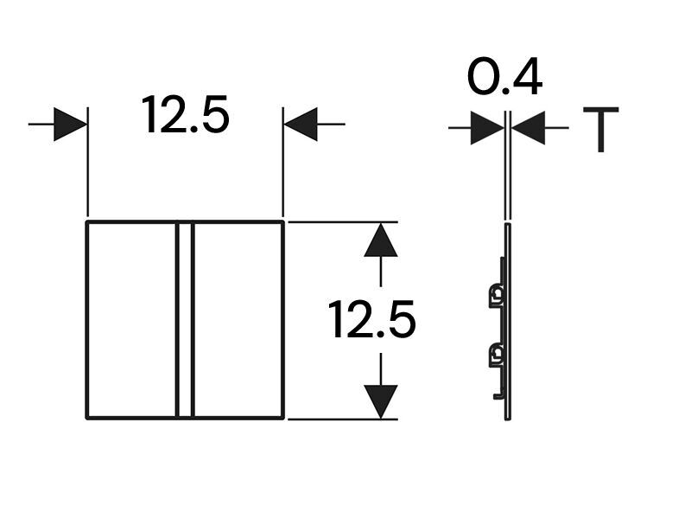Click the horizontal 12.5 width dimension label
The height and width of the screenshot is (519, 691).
185,115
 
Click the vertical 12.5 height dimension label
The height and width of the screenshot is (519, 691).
372,319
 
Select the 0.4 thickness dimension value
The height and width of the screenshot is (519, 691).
504,76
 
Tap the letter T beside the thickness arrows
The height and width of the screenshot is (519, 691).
600,129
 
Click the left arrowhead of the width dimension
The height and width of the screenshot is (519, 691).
71,124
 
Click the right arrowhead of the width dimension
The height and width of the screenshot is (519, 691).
301,124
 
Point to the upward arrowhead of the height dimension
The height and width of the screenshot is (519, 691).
381,240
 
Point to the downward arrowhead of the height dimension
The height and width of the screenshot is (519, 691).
381,401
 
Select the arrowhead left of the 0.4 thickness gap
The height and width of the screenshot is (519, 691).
487,128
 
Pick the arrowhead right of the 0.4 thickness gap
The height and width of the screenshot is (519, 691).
529,128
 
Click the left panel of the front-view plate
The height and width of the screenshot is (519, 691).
132,319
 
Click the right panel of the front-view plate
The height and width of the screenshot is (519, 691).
238,319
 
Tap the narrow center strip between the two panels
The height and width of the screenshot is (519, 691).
185,319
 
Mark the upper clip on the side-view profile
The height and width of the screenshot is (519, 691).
496,295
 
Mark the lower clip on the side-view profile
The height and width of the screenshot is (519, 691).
496,355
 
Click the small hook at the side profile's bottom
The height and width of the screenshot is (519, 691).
499,394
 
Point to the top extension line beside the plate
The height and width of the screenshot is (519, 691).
343,221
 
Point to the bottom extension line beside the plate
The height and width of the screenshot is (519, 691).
343,420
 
